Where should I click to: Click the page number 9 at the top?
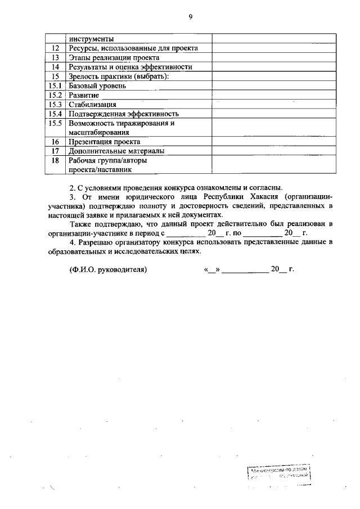point(190,17)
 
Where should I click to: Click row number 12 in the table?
point(56,48)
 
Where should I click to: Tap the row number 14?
point(56,67)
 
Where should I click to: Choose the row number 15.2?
point(56,95)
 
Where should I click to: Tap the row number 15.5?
point(56,123)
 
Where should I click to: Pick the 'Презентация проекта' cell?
point(104,142)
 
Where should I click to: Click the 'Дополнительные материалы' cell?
point(116,151)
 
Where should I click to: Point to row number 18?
point(56,160)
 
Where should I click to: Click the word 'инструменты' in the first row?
point(91,39)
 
